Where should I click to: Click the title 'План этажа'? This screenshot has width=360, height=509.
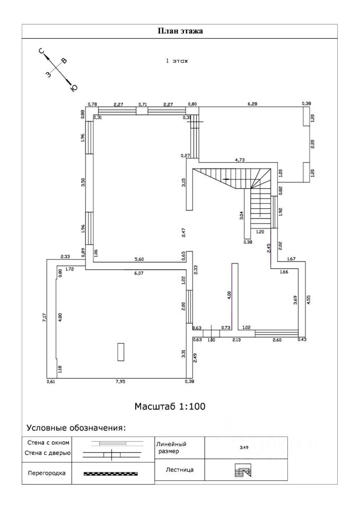[x=180, y=31]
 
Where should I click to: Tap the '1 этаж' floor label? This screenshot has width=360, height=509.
[x=177, y=62]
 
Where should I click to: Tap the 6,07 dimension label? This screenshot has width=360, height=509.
[x=139, y=274]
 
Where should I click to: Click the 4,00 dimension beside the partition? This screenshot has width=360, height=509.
[x=229, y=295]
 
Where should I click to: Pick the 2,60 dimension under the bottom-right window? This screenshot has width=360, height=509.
[x=277, y=339]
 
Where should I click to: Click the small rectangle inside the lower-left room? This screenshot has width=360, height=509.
[x=121, y=352]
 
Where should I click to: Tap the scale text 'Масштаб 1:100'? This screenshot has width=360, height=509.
[x=169, y=407]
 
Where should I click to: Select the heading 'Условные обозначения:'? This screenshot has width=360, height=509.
[x=76, y=428]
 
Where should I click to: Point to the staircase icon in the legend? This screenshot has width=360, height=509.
[x=243, y=470]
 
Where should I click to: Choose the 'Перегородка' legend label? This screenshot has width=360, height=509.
[x=46, y=473]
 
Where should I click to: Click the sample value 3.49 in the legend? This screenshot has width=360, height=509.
[x=244, y=447]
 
